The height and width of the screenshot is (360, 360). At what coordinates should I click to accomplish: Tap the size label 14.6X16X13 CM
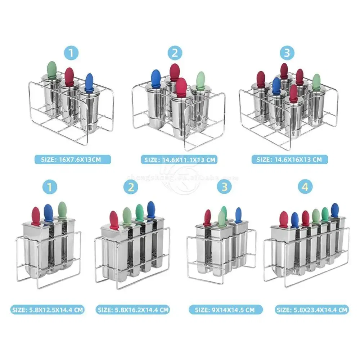pyautogui.click(x=287, y=159)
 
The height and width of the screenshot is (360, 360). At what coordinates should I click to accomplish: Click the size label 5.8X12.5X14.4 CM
pyautogui.click(x=48, y=309)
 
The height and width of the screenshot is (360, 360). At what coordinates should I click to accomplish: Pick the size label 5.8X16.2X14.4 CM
pyautogui.click(x=132, y=309)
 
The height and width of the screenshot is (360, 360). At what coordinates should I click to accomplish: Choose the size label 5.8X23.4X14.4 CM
pyautogui.click(x=312, y=309)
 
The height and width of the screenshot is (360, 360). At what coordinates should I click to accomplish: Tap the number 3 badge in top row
pyautogui.click(x=287, y=53)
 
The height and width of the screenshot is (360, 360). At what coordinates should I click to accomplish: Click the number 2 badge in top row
pyautogui.click(x=175, y=53)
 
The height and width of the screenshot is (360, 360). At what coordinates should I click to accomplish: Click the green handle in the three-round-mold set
pyautogui.click(x=52, y=68)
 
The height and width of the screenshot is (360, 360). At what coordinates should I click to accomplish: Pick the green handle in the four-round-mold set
pyautogui.click(x=201, y=79)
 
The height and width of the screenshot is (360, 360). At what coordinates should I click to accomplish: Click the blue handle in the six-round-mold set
pyautogui.click(x=276, y=84)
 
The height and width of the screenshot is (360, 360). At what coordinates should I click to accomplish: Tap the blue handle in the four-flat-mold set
pyautogui.click(x=151, y=208)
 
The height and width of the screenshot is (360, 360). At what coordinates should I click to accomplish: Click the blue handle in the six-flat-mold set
pyautogui.click(x=335, y=210)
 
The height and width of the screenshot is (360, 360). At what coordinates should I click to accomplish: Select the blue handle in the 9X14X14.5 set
pyautogui.click(x=238, y=215)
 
